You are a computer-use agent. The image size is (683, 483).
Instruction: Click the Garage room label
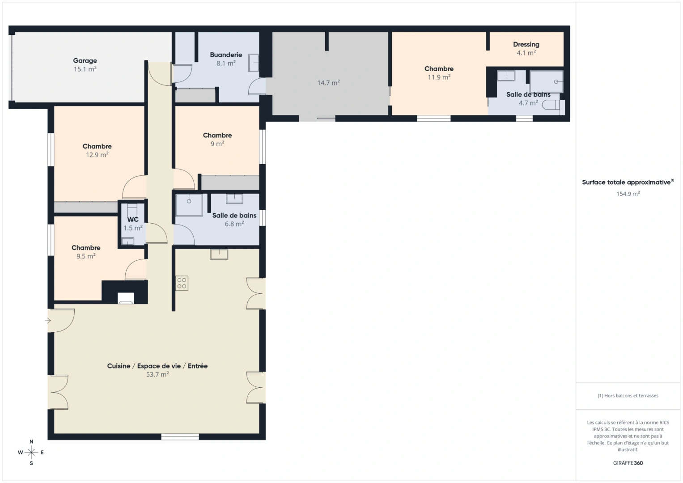pyautogui.click(x=85, y=61)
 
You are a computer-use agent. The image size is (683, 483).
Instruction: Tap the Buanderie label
pyautogui.click(x=226, y=55)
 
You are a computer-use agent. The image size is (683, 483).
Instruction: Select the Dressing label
pyautogui.click(x=526, y=44)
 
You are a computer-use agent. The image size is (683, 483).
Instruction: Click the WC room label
pyautogui.click(x=133, y=220)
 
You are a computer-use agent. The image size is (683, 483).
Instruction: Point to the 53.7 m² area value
pyautogui.click(x=157, y=375)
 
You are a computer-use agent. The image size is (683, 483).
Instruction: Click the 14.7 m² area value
pyautogui.click(x=328, y=83)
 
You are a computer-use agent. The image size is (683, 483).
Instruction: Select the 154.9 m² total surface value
pyautogui.click(x=628, y=194)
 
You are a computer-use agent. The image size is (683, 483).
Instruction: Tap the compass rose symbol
pyautogui.click(x=31, y=452)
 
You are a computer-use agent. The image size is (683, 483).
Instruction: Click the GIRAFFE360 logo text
pyautogui.click(x=628, y=463)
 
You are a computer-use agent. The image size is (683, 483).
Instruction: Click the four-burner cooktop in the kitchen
pyautogui.click(x=182, y=283)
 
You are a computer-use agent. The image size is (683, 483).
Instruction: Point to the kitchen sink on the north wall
pyautogui.click(x=219, y=254)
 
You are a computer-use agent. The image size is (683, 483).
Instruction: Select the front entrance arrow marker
pyautogui.click(x=48, y=321)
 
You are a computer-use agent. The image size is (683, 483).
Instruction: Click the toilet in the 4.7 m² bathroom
pyautogui.click(x=551, y=106)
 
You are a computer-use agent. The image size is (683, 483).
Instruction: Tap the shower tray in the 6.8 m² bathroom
pyautogui.click(x=189, y=205)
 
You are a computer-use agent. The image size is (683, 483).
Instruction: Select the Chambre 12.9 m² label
pyautogui.click(x=97, y=146)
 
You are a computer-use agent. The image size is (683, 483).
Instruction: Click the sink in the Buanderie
pyautogui.click(x=254, y=63)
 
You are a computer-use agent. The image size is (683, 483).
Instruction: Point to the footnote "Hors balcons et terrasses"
pyautogui.click(x=628, y=396)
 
